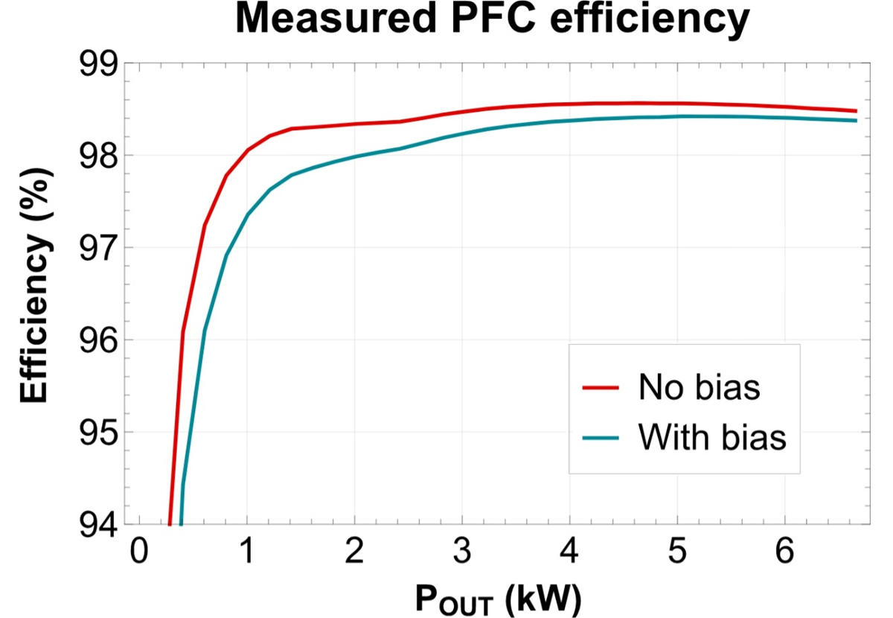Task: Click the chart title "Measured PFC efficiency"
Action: tap(491, 21)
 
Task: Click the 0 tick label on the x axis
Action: tap(138, 554)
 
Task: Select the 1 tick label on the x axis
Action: tap(246, 554)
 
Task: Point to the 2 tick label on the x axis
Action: tap(354, 554)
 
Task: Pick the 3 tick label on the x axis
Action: tap(462, 554)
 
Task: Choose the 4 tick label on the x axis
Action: tap(570, 554)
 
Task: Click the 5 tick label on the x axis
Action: tap(678, 554)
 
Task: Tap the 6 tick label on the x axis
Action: tap(785, 554)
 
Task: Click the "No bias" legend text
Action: tap(699, 388)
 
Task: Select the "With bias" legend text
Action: tap(711, 438)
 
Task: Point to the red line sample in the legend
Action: tap(601, 388)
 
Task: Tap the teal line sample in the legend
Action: tap(601, 439)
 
